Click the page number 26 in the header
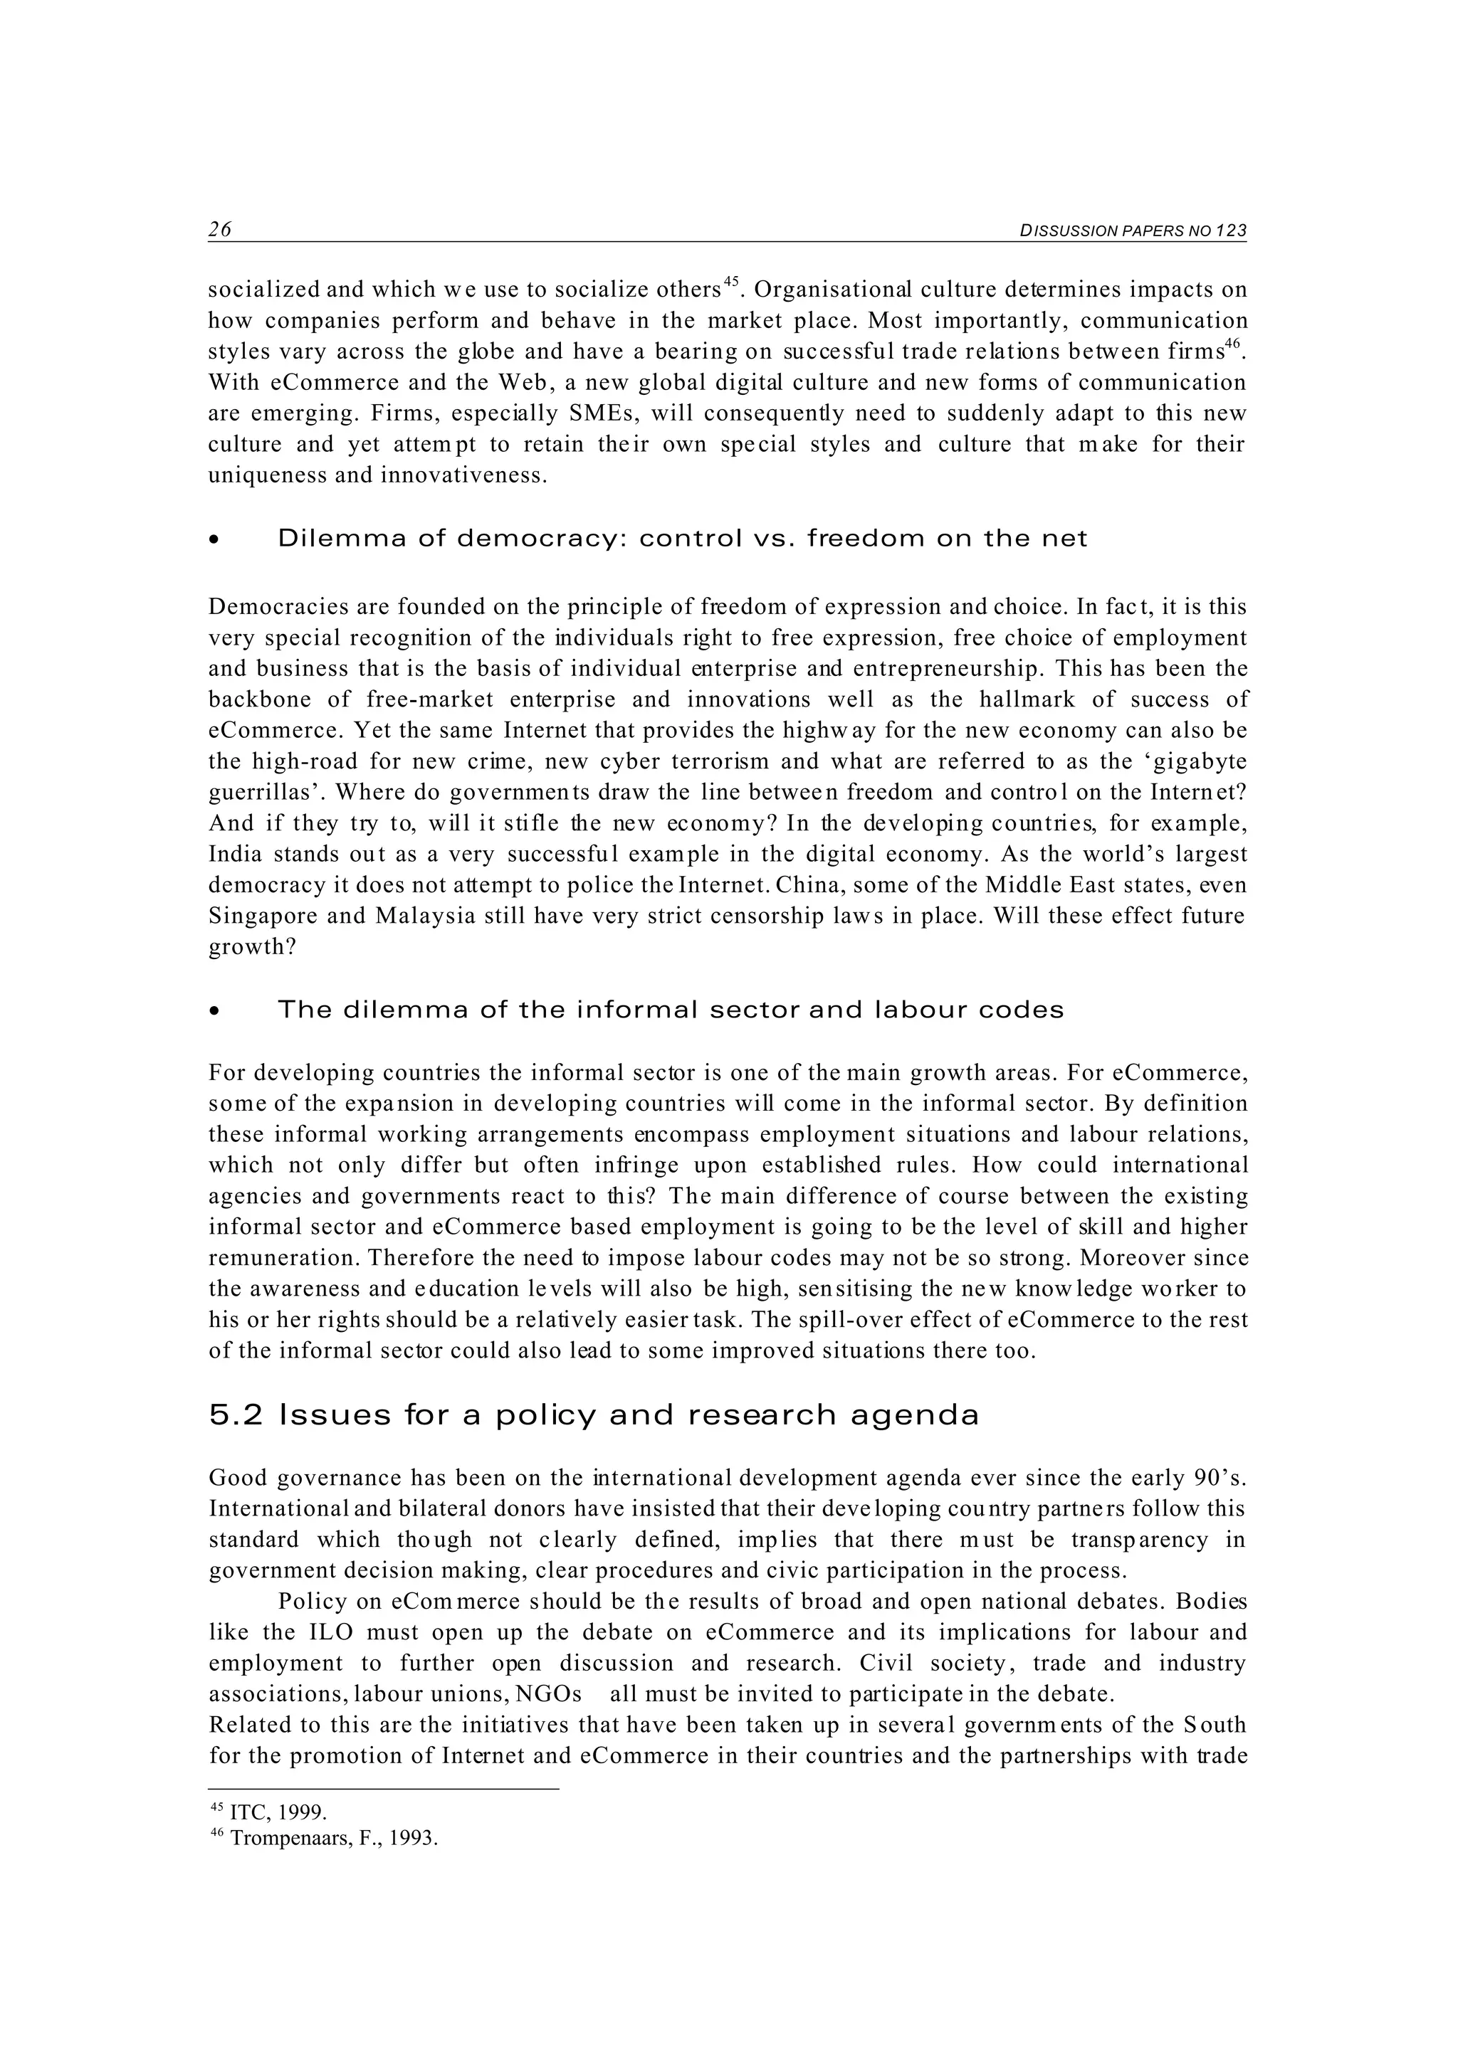[220, 230]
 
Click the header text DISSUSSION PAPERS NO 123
[1133, 231]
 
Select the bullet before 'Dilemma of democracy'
[213, 541]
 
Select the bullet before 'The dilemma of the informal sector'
[213, 1011]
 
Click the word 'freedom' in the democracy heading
[865, 539]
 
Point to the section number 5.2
[236, 1416]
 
